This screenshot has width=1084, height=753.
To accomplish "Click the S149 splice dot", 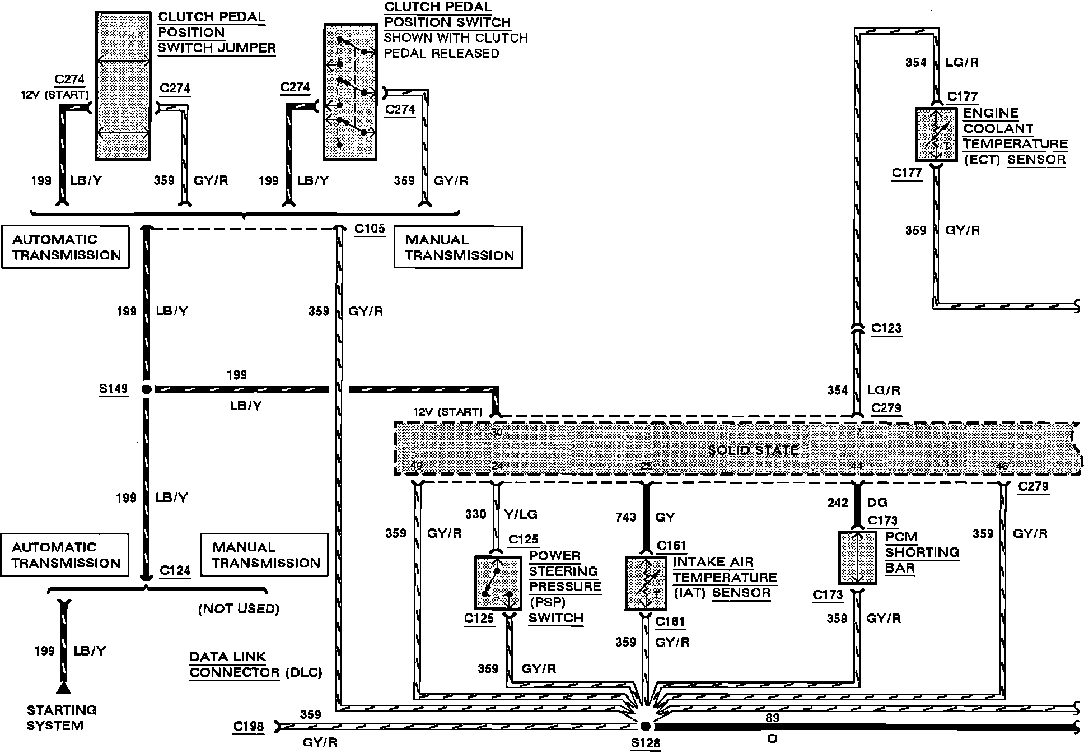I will pos(146,389).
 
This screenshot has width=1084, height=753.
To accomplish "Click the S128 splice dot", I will pos(645,726).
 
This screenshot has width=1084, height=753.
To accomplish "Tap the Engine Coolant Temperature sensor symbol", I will pos(936,134).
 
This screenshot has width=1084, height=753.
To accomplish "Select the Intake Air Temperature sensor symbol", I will pos(646,583).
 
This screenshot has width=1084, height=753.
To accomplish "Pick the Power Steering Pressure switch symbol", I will pos(497,583).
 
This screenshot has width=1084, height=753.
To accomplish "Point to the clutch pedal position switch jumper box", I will pos(123,85).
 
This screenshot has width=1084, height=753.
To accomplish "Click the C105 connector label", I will pos(370,229).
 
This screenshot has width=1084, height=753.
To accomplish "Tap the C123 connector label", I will pos(886,328).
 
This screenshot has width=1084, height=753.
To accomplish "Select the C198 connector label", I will pos(248,727).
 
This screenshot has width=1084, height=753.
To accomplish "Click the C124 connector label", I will pos(175,570).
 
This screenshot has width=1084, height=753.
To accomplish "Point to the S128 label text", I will pos(646,743).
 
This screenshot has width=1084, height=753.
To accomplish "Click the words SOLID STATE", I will pos(753,450).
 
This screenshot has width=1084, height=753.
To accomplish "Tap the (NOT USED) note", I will pos(239,608).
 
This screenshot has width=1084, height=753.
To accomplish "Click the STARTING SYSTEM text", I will pos(62,718).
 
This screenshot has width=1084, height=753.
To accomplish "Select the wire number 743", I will pos(625,517).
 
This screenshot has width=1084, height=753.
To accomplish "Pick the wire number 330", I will pos(475,514).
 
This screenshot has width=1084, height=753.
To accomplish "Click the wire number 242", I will pos(837,503).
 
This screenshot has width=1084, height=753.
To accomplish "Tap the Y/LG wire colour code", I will pos(521,514).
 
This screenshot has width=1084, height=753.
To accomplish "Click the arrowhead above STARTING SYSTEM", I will pos(64,689).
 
